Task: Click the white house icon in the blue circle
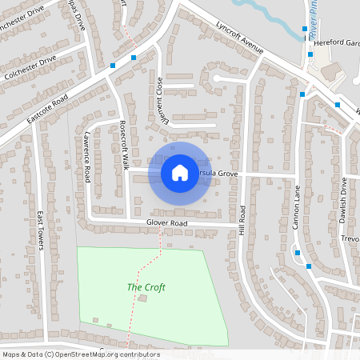[x=179, y=172]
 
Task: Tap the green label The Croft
[x=146, y=287]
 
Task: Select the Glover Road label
[x=166, y=222]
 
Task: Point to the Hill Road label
[x=242, y=220]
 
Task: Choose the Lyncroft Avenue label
[x=239, y=38]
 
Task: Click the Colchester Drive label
[x=30, y=66]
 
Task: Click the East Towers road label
[x=39, y=230]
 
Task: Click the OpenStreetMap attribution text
[x=80, y=354]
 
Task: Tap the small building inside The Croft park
[x=143, y=298]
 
